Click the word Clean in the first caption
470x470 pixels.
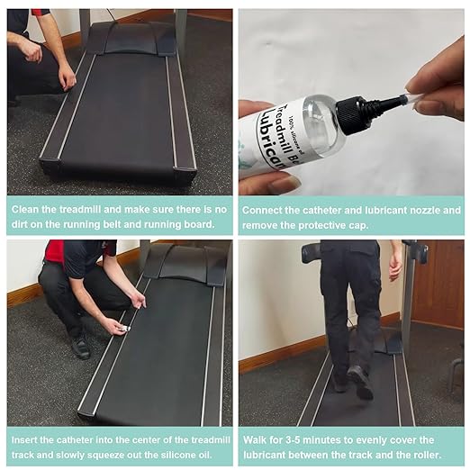25,209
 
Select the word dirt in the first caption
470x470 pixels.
19,224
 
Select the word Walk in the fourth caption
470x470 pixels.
254,440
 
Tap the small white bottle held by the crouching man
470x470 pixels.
123,329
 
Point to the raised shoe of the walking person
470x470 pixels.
360,382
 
